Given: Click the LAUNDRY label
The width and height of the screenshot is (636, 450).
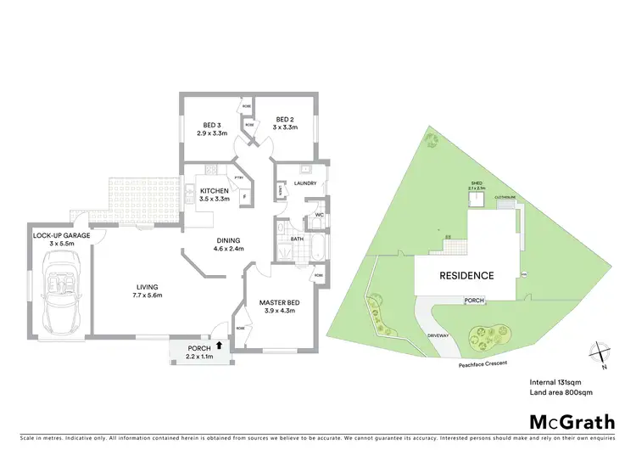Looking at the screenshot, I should point(304,183).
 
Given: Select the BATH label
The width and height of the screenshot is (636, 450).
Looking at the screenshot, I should point(297,239).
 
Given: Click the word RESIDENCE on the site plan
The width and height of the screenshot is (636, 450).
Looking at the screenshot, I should point(466,276).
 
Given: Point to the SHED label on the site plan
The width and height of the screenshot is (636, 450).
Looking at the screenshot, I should point(477,183).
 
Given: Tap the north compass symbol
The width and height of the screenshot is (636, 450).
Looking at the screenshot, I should point(600,351).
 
